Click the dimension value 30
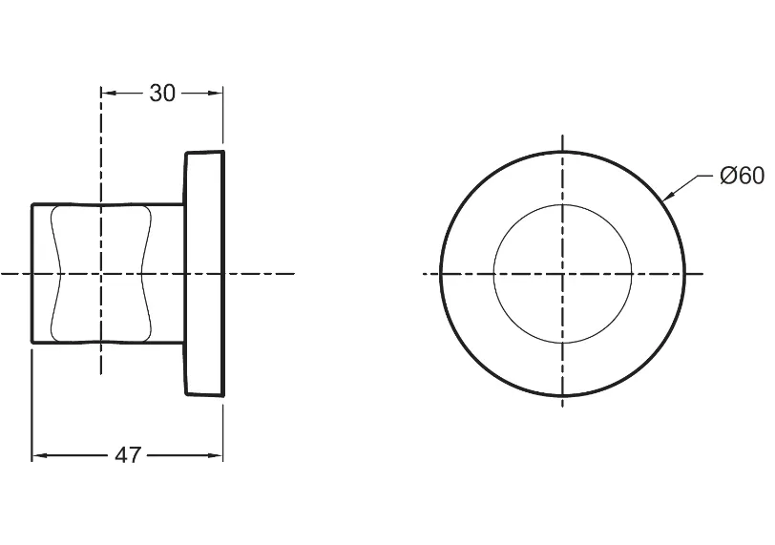[x=162, y=93]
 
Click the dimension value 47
[x=128, y=455]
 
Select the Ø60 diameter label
[x=743, y=176]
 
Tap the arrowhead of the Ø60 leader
[x=667, y=197]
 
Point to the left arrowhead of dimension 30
[x=108, y=93]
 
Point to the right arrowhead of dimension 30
[x=216, y=93]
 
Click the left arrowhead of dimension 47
[x=39, y=455]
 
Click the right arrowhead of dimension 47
[x=216, y=455]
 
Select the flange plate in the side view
[x=204, y=273]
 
